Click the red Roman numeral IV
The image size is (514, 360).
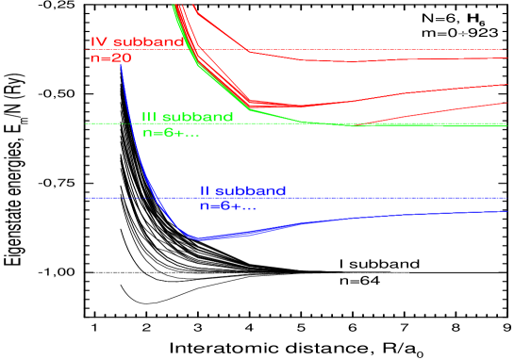(98, 42)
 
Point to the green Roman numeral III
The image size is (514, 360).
(149, 118)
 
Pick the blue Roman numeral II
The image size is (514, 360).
(205, 191)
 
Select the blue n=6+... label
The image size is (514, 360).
(227, 205)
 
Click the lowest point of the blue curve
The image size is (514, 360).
(199, 238)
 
